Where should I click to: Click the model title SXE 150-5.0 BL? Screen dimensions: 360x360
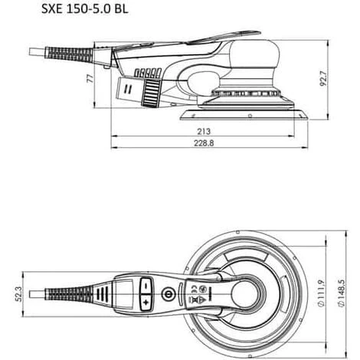[x=84, y=9]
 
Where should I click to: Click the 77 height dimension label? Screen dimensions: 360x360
[x=90, y=79]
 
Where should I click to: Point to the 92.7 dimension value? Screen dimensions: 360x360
[x=323, y=79]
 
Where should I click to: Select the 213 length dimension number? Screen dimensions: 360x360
[x=204, y=132]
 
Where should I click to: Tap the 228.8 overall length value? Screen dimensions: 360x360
[x=204, y=143]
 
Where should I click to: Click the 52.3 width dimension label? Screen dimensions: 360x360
[x=18, y=294]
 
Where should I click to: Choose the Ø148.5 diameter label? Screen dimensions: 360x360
[x=341, y=293]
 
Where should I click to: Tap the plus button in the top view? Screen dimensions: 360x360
[x=146, y=303]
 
